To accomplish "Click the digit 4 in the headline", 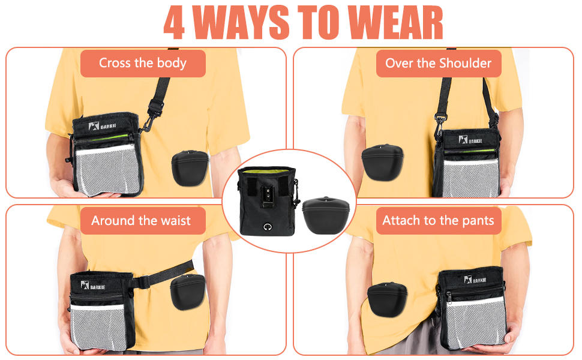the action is click(174, 23).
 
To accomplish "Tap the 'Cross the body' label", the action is click(143, 64).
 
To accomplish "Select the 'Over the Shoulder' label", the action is click(439, 64).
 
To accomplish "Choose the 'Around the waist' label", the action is click(143, 221).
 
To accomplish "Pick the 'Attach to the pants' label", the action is click(439, 221).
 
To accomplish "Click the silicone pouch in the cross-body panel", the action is click(190, 168).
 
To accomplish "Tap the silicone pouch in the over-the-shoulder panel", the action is click(382, 163).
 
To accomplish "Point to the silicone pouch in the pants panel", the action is click(387, 299).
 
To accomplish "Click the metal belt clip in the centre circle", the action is click(267, 197).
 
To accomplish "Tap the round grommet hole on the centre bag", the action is click(267, 227).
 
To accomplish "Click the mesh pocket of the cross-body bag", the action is click(107, 169).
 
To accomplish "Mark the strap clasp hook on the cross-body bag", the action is click(148, 119).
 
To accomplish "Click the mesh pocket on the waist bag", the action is click(98, 326).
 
